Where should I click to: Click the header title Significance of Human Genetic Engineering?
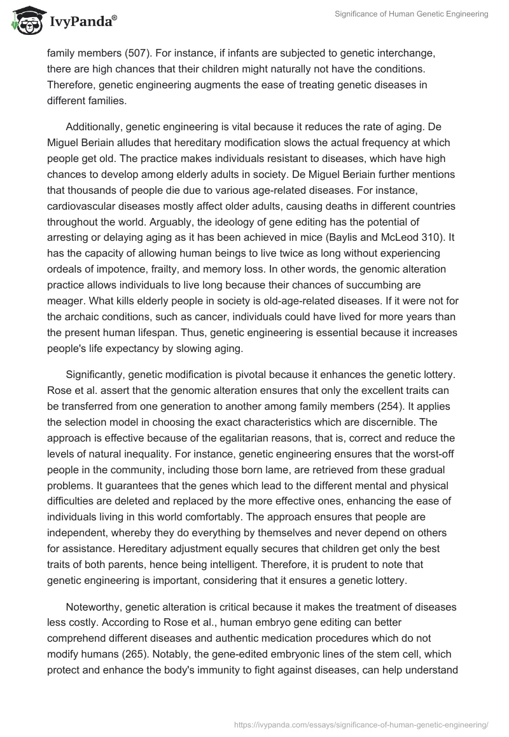[x=412, y=15]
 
